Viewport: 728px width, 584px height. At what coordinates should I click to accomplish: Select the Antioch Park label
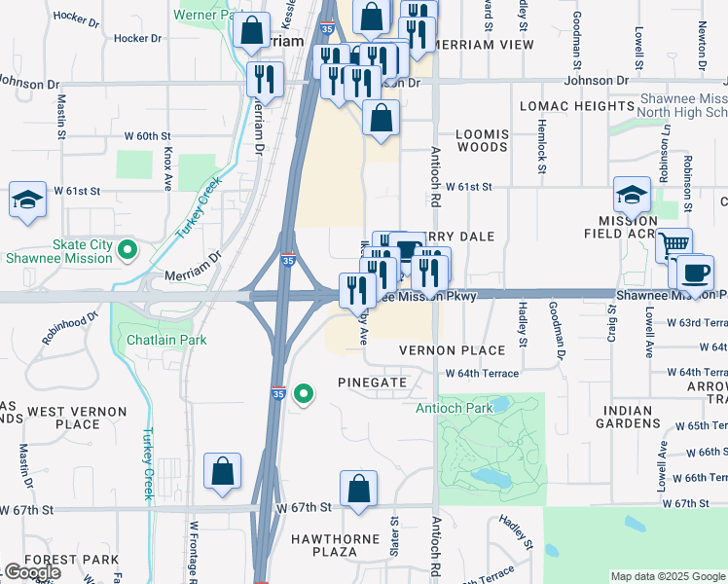(454, 409)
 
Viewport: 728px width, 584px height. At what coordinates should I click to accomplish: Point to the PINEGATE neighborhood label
(373, 383)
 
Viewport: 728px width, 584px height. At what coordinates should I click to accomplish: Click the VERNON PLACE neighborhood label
(452, 350)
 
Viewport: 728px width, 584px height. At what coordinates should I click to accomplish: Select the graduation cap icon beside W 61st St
(28, 200)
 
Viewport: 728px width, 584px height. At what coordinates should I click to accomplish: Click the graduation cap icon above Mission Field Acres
(632, 194)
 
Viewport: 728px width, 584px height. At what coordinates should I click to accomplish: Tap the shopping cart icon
(673, 245)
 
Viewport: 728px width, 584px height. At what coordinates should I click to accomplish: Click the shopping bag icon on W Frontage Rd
(223, 471)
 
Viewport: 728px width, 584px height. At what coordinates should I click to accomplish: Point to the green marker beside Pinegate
(304, 394)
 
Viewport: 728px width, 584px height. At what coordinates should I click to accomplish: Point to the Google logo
(33, 572)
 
